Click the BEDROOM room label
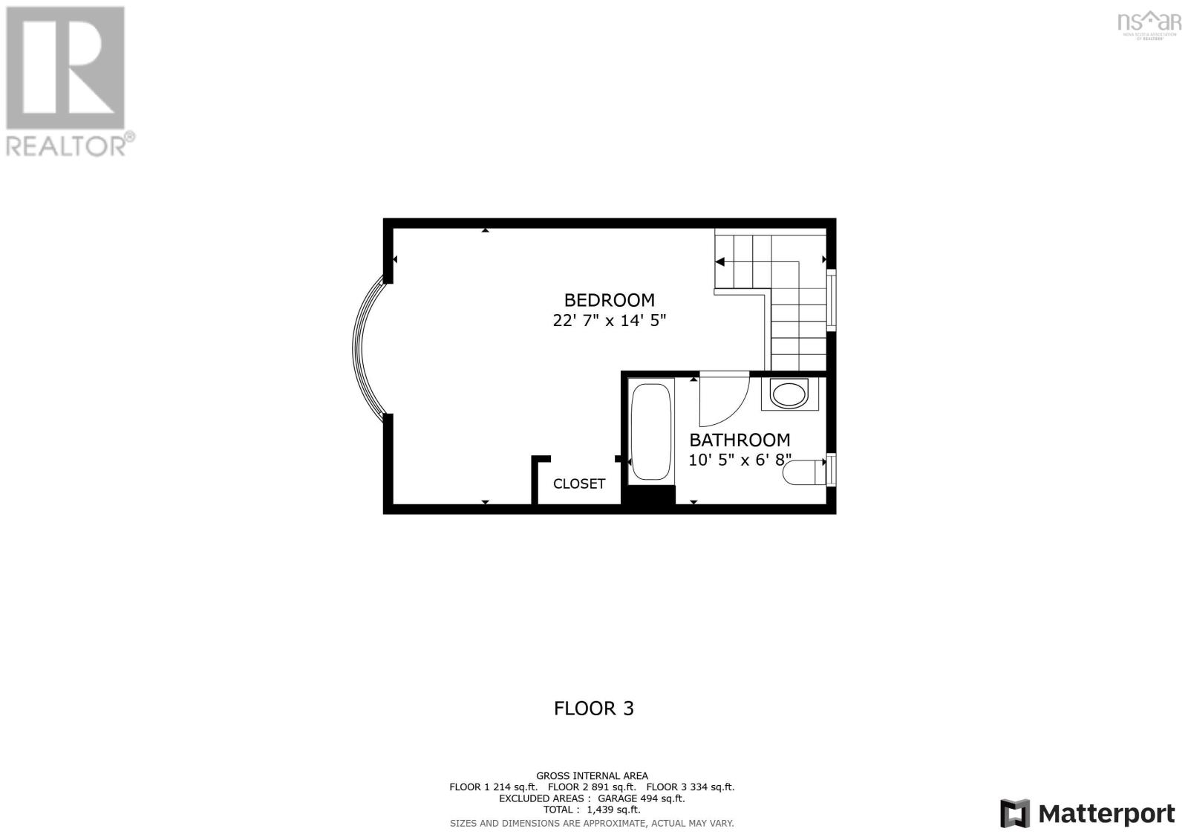pos(609,300)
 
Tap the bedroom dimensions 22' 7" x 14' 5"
pos(609,321)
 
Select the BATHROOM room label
pos(740,440)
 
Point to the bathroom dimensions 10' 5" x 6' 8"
pos(740,460)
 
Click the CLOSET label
pos(579,484)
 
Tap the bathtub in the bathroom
pos(651,431)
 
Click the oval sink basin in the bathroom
pos(789,394)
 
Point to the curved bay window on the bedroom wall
pos(364,348)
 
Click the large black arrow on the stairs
pos(719,261)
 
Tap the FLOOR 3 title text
pos(594,709)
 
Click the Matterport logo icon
pos(1015,813)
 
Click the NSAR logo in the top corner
pos(1149,22)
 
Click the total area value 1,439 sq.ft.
pos(613,810)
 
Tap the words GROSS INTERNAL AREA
pos(592,775)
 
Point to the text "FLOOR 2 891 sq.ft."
pos(592,787)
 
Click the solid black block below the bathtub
pos(648,495)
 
